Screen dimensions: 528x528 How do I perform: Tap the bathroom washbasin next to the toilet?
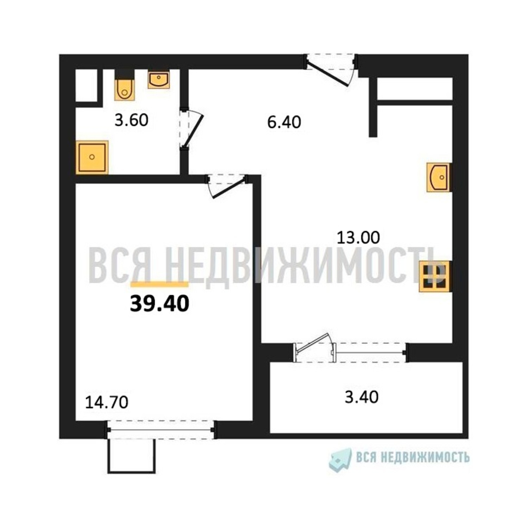(x=158, y=80)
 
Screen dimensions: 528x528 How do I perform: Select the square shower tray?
(x=92, y=157)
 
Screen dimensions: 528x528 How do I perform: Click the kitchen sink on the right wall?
(x=439, y=177)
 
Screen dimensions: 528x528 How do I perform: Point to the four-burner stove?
(x=435, y=276)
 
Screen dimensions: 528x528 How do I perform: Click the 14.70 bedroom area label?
(x=107, y=403)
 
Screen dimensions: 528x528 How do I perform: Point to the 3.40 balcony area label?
(x=362, y=397)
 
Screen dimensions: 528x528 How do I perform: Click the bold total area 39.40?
(x=160, y=304)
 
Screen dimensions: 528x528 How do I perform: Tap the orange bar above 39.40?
(x=160, y=284)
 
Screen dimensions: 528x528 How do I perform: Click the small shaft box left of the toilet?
(x=86, y=86)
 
